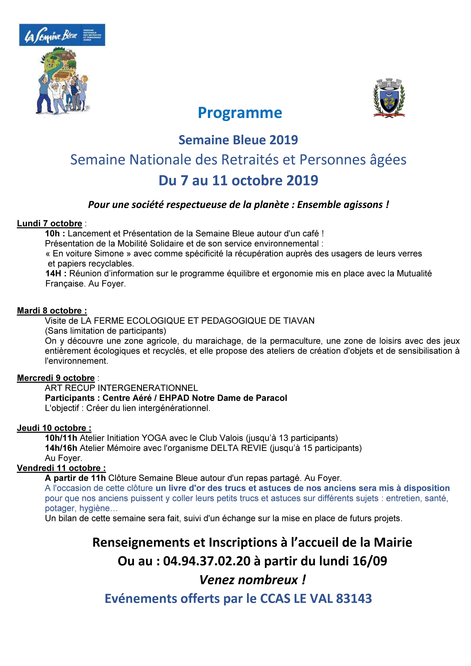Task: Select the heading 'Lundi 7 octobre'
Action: [x=50, y=223]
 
